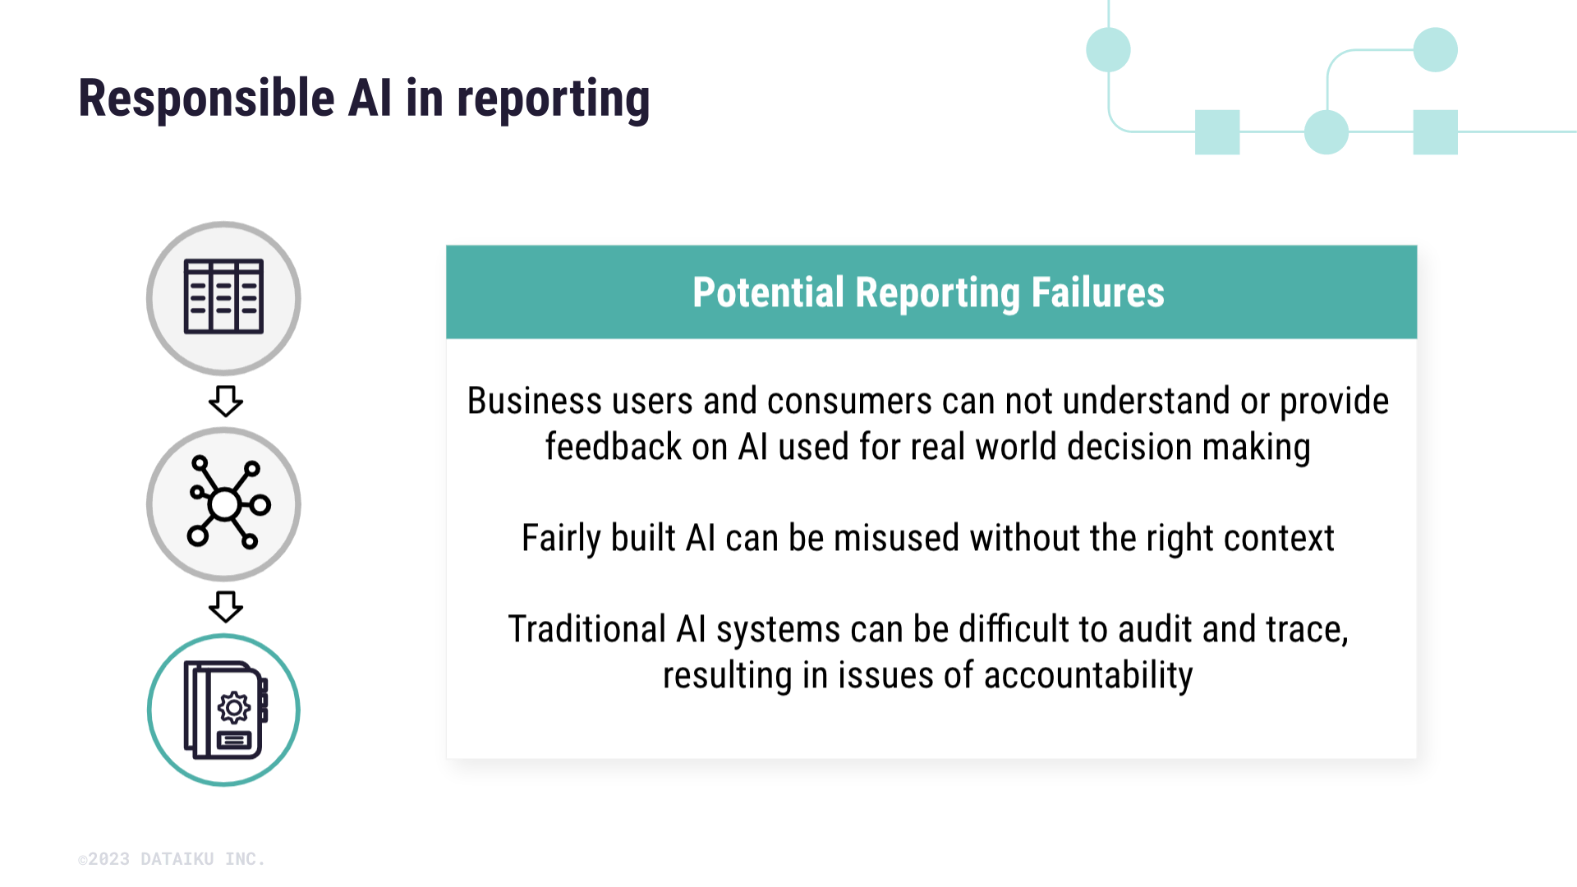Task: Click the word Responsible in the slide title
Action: point(207,99)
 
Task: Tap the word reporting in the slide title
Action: point(553,100)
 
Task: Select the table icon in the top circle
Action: point(223,296)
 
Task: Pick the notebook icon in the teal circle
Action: point(226,710)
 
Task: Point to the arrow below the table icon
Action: point(225,402)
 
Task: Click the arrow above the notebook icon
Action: point(225,607)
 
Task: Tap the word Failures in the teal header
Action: point(1097,292)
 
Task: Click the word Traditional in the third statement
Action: point(587,630)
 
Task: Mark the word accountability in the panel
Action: point(1088,676)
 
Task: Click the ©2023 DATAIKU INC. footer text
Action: point(172,859)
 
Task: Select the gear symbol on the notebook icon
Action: point(234,707)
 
